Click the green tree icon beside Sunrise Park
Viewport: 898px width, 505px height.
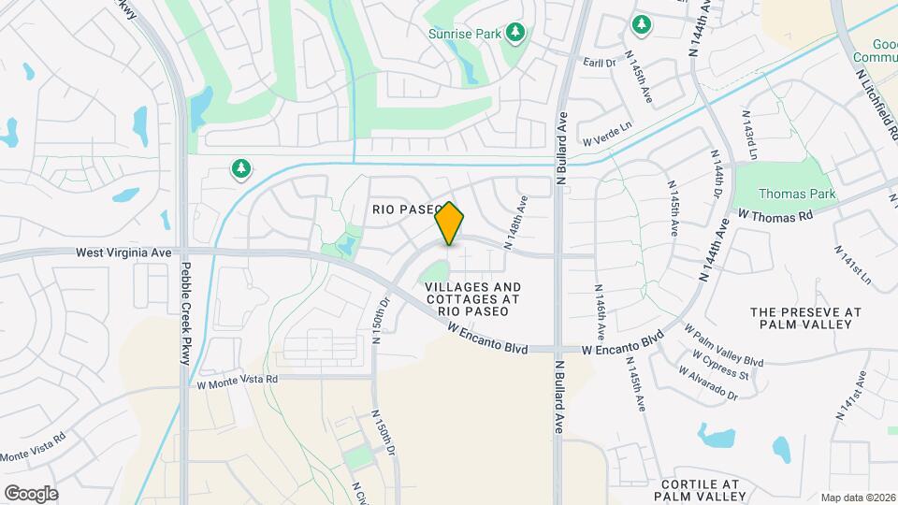point(514,34)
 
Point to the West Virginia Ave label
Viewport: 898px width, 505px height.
point(124,252)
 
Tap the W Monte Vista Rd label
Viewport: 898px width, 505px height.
point(238,381)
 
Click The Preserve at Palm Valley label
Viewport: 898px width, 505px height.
point(805,317)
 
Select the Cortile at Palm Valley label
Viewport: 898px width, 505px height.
point(700,490)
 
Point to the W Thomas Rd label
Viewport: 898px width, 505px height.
point(775,214)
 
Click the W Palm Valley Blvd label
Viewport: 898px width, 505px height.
point(724,346)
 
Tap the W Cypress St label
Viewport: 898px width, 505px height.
point(720,366)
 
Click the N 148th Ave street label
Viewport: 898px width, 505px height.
point(517,222)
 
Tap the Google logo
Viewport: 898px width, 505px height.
point(31,493)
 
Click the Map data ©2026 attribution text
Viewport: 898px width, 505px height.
point(857,498)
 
